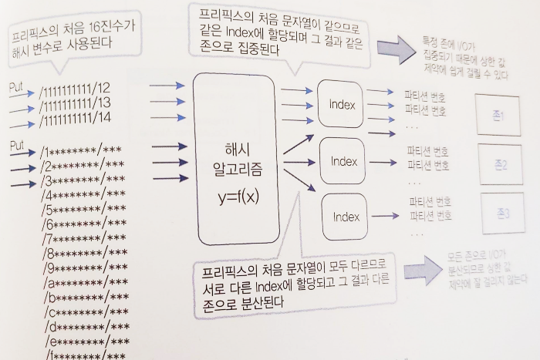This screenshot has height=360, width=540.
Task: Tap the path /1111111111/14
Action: [x=76, y=119]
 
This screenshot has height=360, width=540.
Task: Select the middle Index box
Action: [x=343, y=161]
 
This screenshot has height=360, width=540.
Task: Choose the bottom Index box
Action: [x=346, y=217]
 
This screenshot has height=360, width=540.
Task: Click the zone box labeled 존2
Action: [x=501, y=164]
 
